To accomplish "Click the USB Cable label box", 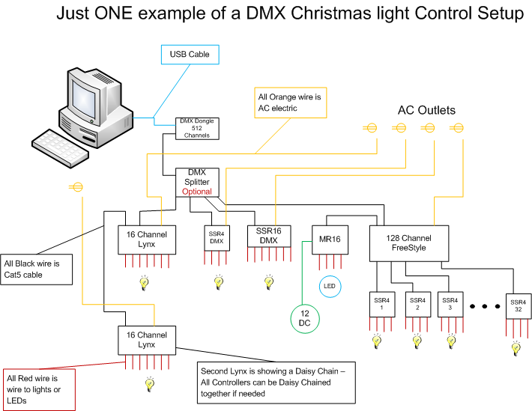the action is tap(190, 55).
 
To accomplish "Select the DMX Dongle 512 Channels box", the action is tap(197, 129).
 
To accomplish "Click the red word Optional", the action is tap(197, 192).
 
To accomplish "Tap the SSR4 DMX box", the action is tap(217, 238).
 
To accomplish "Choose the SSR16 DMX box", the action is tap(269, 237).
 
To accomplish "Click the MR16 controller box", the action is tap(330, 240).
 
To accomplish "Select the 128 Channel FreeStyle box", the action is tap(409, 243).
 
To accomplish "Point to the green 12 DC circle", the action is tap(305, 319).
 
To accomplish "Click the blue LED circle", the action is tap(330, 287).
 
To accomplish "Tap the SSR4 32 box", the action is tap(519, 306).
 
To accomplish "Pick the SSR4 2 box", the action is tap(418, 305).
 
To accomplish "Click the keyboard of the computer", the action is tap(61, 148).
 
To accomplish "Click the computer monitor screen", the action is tap(83, 99).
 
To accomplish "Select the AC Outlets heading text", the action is tap(426, 110).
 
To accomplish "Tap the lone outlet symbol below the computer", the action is tap(76, 187).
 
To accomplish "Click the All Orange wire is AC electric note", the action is tap(291, 103).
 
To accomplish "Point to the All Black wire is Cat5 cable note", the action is tap(36, 270).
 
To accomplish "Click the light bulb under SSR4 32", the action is tap(516, 348).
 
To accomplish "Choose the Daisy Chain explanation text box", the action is tap(276, 383).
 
